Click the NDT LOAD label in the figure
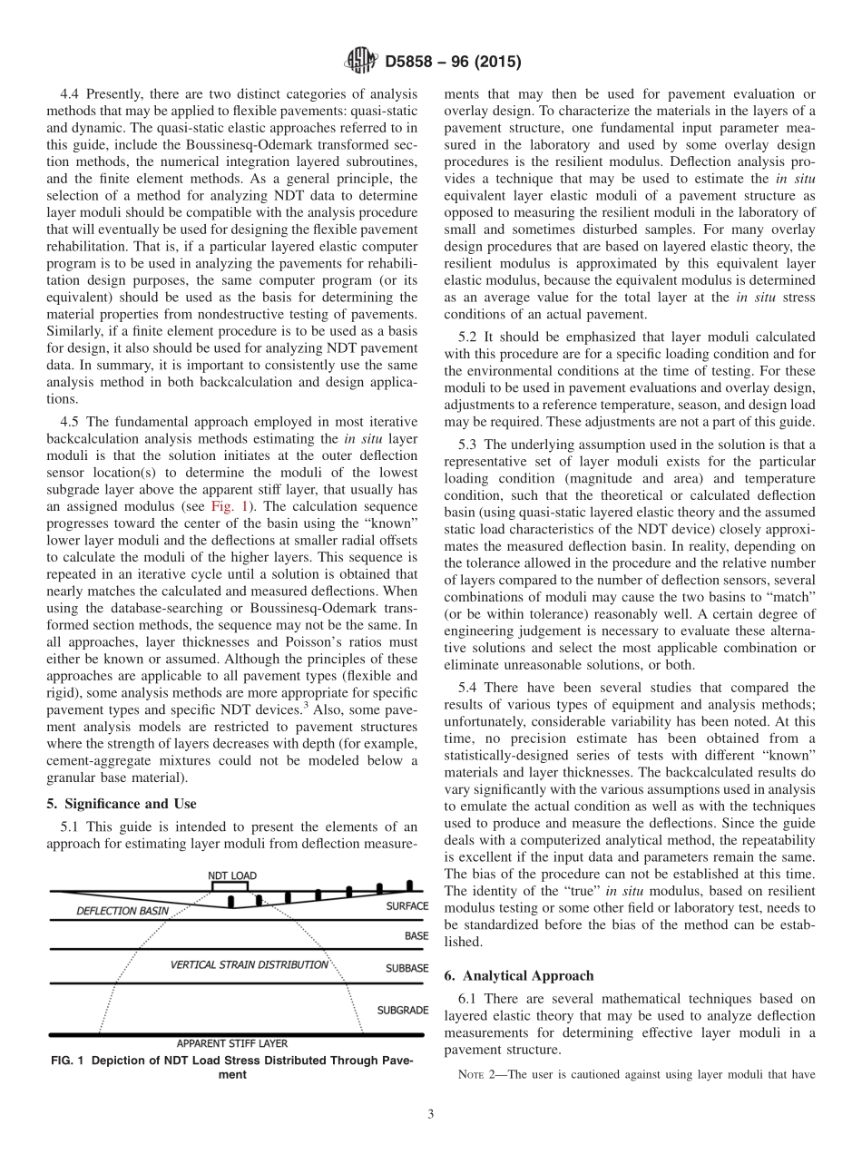coord(232,875)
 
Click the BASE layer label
coord(416,935)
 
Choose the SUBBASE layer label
coord(407,968)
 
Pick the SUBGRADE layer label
coord(403,1010)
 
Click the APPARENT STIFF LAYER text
coord(232,1043)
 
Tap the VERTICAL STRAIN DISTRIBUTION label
coord(250,964)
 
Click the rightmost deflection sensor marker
coord(410,884)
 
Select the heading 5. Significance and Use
coord(122,803)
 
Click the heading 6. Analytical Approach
coord(519,975)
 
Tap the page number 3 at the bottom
coord(431,1115)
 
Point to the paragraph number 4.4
coord(71,93)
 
